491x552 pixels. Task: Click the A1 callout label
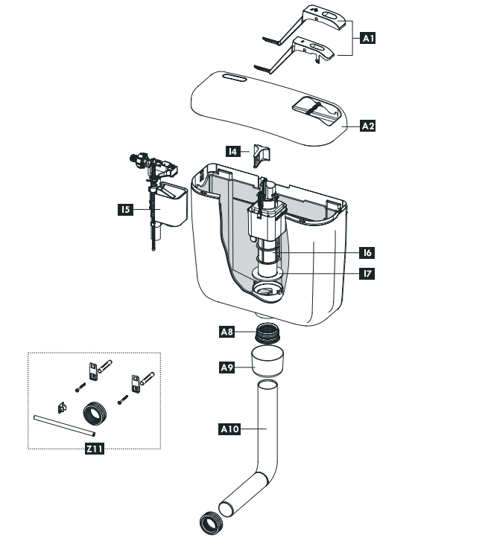[367, 37]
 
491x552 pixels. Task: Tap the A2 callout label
[367, 126]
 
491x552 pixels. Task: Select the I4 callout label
[234, 151]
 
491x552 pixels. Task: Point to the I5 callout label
[125, 211]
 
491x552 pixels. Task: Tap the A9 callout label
[227, 367]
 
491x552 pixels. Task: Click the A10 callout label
[229, 429]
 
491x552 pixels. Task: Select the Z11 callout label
[94, 449]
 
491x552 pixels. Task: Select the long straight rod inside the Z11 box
[65, 425]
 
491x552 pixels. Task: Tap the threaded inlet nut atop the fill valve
[136, 158]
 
